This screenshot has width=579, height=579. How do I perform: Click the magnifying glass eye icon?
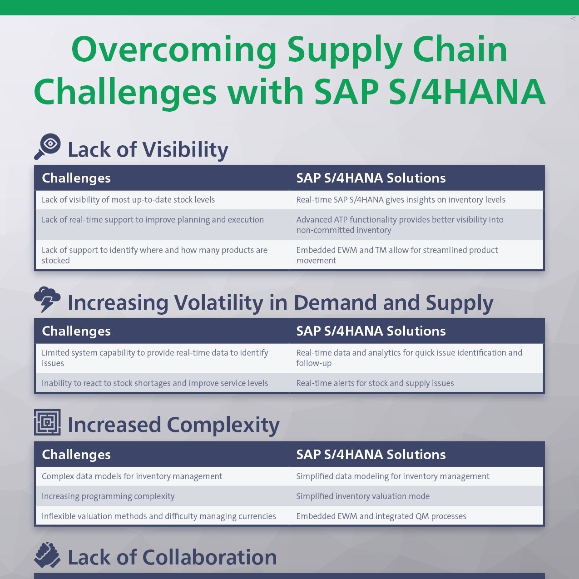point(48,146)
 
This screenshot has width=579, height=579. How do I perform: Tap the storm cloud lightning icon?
point(47,299)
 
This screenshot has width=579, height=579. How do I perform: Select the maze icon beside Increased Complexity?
point(47,422)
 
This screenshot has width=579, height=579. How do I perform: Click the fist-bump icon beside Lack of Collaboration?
point(47,554)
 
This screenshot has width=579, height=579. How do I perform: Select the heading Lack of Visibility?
point(148,149)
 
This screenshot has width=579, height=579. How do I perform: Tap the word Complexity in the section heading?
point(223,425)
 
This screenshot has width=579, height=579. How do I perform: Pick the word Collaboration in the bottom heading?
point(209,557)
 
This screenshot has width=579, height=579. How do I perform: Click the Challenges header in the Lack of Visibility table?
point(76,178)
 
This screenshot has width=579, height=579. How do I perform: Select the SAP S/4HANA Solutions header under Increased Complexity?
point(371,454)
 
